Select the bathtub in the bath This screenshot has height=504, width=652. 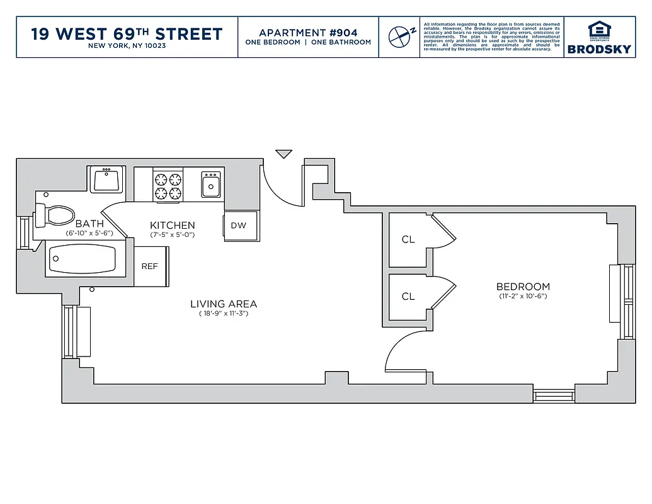coord(82,260)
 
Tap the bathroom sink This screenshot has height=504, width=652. coord(106,180)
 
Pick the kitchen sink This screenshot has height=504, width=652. coord(210,185)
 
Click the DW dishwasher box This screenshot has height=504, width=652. coord(239,226)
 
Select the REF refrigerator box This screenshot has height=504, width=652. coord(151,266)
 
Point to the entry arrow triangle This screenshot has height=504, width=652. coord(284,154)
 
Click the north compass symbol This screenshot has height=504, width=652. coord(399,37)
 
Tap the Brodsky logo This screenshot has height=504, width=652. coord(599,38)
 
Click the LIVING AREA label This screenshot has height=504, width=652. coord(224,304)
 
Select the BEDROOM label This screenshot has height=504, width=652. coord(522,286)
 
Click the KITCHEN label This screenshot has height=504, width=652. coord(172,225)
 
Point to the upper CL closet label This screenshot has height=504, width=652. coord(408,239)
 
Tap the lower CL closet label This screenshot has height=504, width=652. coord(408,296)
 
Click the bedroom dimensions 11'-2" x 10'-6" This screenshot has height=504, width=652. coord(522,296)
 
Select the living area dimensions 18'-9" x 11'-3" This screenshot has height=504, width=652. coord(224,313)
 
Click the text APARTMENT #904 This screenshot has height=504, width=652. coord(308,32)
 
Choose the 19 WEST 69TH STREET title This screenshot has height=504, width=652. coord(127,33)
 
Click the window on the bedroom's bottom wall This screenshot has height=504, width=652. coord(554,395)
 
